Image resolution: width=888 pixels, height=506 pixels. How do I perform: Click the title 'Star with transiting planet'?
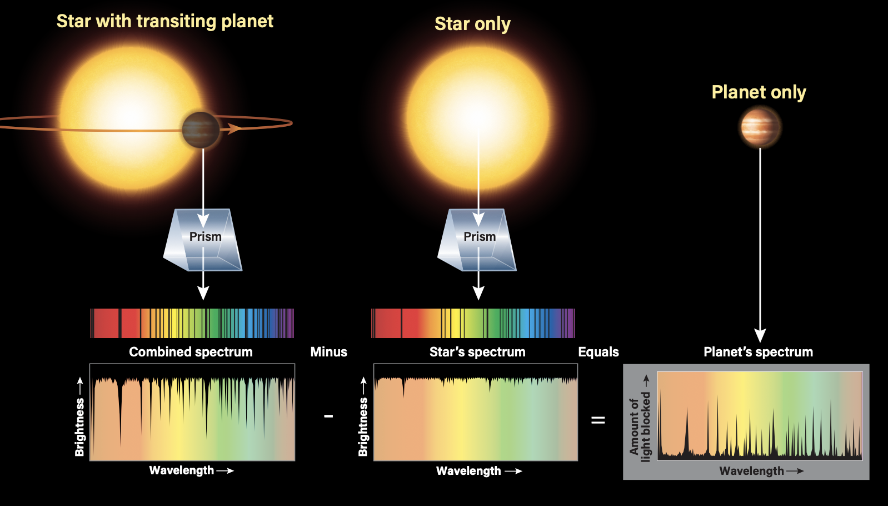coord(165,22)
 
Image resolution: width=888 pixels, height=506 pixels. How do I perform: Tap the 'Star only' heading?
coord(472,24)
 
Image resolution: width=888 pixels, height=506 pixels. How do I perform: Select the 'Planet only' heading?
coord(759,92)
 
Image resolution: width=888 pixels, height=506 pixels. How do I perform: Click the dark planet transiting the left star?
coord(201,130)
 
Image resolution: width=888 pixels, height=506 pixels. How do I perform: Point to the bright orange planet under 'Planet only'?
coord(760,127)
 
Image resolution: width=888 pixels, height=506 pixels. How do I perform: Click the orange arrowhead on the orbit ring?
coord(235,128)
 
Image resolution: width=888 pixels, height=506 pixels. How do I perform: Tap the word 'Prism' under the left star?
coord(206,237)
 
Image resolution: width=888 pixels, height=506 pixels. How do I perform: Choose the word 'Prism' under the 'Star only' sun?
coord(480,237)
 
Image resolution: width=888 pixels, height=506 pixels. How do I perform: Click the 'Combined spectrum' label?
coord(191,352)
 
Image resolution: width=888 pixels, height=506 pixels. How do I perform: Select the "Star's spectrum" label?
coord(477,352)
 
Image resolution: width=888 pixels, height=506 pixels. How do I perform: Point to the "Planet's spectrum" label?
coord(759,352)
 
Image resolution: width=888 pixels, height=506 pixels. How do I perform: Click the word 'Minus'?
coord(328,352)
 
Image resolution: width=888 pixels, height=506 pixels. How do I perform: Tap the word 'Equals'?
coord(598,352)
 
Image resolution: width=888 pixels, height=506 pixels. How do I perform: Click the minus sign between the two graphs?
coord(328,416)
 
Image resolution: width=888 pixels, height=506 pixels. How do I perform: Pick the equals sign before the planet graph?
coord(598,420)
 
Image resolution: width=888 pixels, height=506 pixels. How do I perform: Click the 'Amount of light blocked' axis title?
coord(640,426)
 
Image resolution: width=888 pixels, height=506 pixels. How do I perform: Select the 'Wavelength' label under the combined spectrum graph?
coord(182,470)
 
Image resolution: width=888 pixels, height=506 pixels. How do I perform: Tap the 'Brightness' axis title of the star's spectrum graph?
coord(363,427)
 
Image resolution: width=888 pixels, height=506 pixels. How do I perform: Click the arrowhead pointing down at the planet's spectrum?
coord(760,335)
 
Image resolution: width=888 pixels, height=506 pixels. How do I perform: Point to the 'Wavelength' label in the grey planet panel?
coord(752,471)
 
